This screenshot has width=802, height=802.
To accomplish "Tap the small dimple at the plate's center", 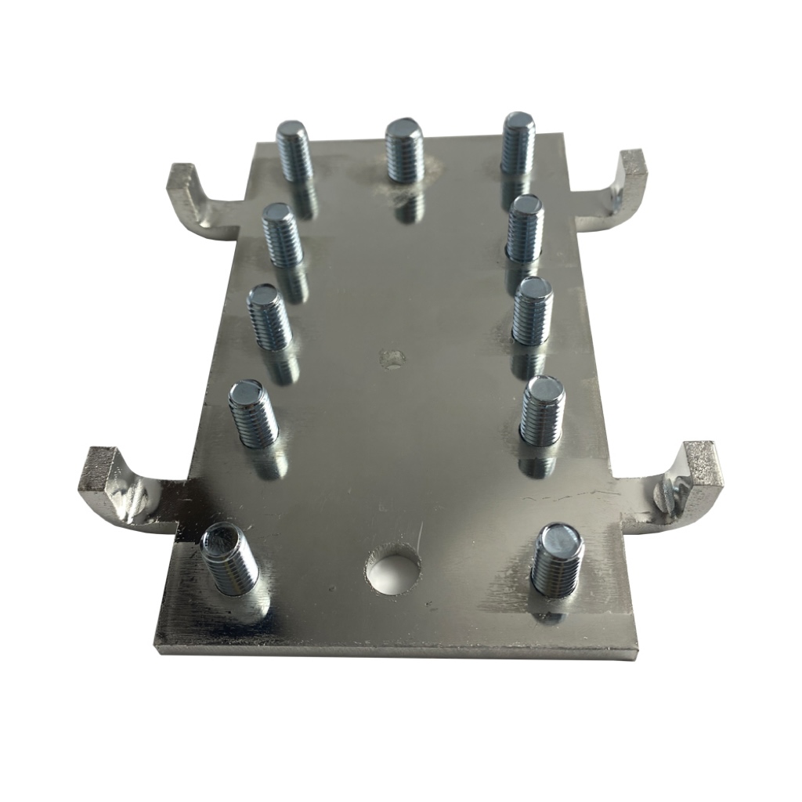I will tap(392, 358).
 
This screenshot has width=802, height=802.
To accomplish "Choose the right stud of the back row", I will tap(518, 143).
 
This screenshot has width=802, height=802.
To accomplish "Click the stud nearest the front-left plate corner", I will tap(229, 559).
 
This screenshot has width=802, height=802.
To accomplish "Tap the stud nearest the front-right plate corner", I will tap(557, 560).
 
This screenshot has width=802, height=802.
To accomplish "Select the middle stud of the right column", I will tap(532, 310).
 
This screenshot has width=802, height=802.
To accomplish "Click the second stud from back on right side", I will tap(524, 228).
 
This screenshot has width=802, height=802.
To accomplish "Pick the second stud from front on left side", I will tap(252, 413).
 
